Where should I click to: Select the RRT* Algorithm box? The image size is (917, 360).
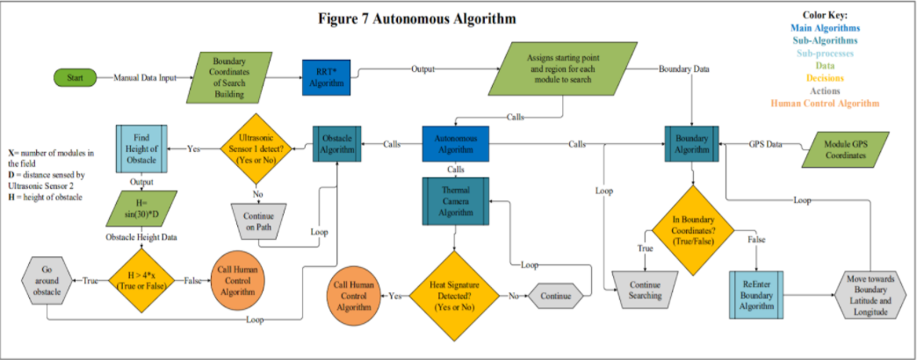327,76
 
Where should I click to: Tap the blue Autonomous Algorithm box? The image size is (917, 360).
455,144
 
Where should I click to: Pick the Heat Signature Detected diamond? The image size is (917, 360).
455,296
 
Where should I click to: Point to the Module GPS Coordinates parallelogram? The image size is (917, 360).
846,149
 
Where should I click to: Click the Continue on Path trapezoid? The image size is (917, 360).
259,223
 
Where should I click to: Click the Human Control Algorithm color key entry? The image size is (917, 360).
824,103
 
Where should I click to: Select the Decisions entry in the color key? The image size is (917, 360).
824,77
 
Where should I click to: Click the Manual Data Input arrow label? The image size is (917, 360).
144,77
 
